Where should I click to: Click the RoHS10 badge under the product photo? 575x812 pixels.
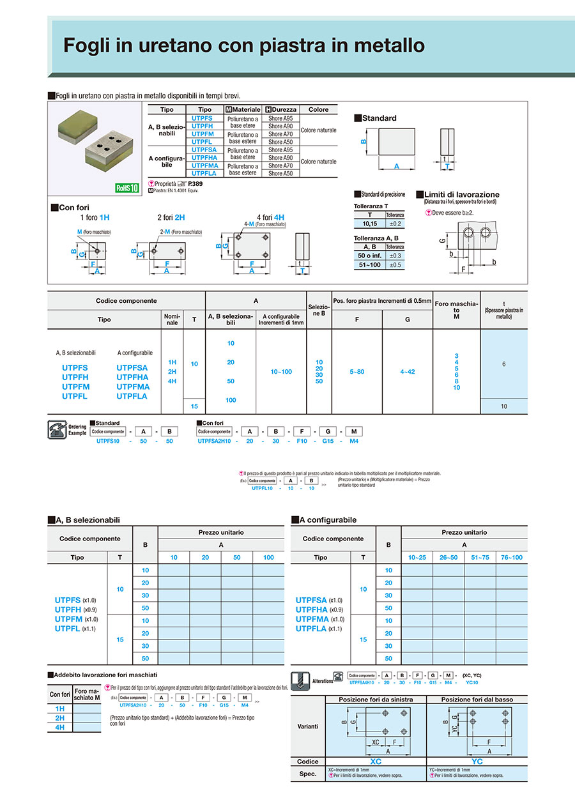point(126,188)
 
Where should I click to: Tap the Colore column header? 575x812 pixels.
point(318,110)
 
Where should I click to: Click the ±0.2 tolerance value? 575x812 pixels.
point(395,224)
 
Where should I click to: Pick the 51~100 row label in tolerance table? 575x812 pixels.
point(369,264)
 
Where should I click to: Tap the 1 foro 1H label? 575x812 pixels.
point(95,217)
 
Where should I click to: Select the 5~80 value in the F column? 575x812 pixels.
point(357,372)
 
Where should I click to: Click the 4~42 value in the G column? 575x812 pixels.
point(407,372)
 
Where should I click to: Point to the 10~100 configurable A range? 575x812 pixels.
point(281,372)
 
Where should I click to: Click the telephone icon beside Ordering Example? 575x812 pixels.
point(56,429)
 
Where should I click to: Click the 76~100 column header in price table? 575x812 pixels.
point(512,558)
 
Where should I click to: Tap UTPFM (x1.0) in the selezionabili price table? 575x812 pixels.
point(76,619)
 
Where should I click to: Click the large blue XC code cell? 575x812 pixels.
point(376,762)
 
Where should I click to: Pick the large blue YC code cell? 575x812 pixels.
point(477,762)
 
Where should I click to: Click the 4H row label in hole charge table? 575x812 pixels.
point(60,728)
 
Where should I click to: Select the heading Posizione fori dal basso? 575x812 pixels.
point(477,700)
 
